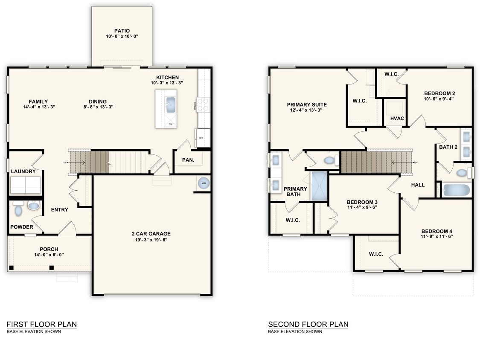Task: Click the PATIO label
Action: point(122,31)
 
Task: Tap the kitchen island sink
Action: point(171,104)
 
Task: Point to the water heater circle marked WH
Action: point(204,183)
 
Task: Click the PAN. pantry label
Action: point(188,160)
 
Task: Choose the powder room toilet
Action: point(18,209)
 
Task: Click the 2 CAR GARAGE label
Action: point(151,234)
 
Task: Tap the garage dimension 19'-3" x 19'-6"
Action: point(151,240)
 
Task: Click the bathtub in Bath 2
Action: point(456,190)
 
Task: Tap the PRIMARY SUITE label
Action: point(307,105)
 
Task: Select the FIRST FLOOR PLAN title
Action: point(42,324)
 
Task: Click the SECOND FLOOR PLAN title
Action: point(308,324)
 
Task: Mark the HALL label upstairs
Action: point(418,185)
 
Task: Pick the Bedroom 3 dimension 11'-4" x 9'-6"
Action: point(362,208)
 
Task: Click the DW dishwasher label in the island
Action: point(170,124)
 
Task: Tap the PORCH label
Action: point(49,249)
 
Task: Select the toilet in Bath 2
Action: point(462,173)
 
